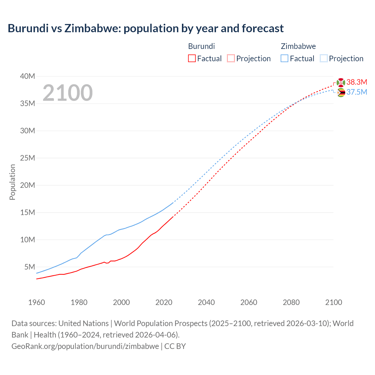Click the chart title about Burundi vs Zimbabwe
[146, 28]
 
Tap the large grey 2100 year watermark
[68, 93]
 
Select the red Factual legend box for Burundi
[192, 58]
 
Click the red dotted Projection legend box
[231, 58]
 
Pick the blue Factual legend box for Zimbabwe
[284, 58]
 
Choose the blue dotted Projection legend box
[323, 58]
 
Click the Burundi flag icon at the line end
[341, 82]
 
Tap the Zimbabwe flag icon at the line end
[341, 93]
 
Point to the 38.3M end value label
[357, 82]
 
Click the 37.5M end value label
[357, 92]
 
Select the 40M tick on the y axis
[28, 76]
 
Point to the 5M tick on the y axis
[30, 267]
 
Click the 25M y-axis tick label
[28, 158]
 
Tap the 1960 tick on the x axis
[37, 302]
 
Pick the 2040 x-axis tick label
[206, 302]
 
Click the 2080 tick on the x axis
[291, 302]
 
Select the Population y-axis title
[12, 182]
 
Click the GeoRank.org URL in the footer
[85, 346]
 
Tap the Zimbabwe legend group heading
[298, 46]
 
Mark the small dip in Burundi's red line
[107, 263]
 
